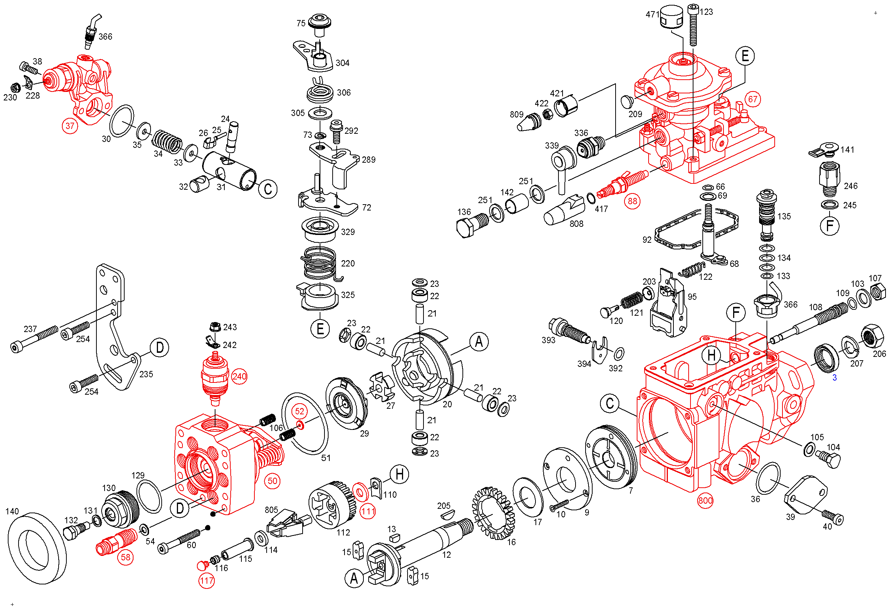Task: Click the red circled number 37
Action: click(70, 126)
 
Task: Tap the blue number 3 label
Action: click(834, 378)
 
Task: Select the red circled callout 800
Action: click(705, 501)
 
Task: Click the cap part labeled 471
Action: click(672, 16)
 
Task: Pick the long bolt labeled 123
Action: click(693, 25)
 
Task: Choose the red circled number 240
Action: click(239, 377)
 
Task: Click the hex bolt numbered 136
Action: click(472, 225)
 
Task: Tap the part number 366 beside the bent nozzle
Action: click(105, 37)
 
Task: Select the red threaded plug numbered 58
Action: click(116, 541)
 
